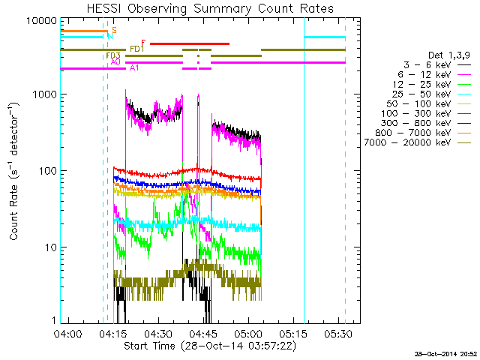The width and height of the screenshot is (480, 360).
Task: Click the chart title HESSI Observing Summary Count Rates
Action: pyautogui.click(x=209, y=8)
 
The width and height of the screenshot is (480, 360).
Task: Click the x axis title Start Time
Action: pyautogui.click(x=209, y=346)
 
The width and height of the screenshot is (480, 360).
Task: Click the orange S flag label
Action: pyautogui.click(x=114, y=30)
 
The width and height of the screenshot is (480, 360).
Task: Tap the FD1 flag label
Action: pyautogui.click(x=137, y=49)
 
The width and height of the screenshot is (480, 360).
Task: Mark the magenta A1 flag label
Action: pyautogui.click(x=133, y=68)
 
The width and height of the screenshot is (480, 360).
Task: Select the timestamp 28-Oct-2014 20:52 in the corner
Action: pyautogui.click(x=446, y=353)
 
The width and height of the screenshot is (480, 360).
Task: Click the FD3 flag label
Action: pyautogui.click(x=113, y=55)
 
